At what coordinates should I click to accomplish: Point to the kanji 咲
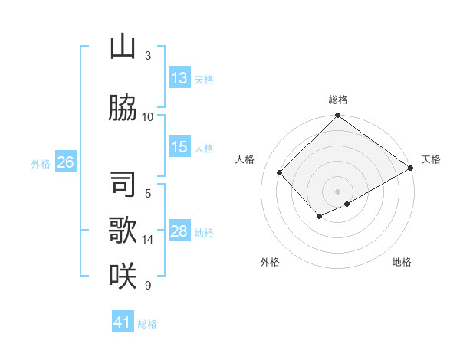[123, 274]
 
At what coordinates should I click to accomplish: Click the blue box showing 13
[179, 78]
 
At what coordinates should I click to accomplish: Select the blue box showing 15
[179, 147]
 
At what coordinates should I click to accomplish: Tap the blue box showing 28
[179, 231]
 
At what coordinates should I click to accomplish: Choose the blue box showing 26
[65, 162]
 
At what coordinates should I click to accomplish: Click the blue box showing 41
[123, 322]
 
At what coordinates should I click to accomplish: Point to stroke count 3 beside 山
[148, 55]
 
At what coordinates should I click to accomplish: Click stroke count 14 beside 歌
[148, 240]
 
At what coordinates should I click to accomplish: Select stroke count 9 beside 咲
[148, 286]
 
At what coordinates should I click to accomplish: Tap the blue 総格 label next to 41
[147, 324]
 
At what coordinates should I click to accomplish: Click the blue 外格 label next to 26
[41, 163]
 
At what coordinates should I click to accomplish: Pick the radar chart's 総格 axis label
[337, 100]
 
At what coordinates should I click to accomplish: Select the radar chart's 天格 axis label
[431, 159]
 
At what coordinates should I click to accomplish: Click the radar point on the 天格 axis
[412, 169]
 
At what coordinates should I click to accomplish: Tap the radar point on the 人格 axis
[280, 173]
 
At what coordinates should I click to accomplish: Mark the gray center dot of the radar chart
[337, 191]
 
